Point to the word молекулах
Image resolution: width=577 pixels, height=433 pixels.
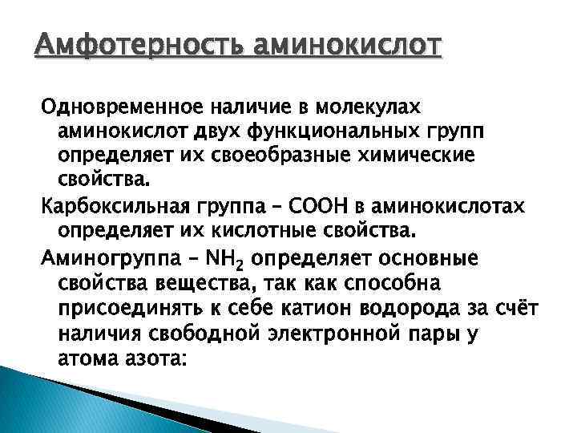point(374,107)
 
